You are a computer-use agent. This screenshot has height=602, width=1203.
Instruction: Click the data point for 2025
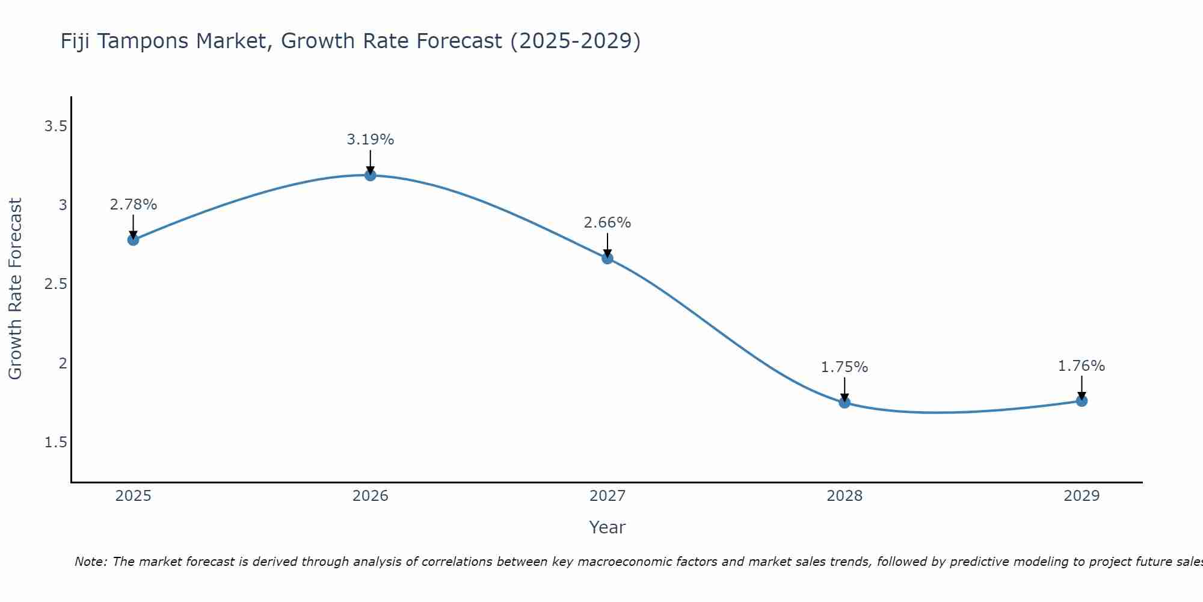click(133, 240)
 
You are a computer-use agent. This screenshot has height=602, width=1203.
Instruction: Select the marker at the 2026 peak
click(370, 175)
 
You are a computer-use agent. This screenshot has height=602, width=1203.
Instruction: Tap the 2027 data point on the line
click(608, 258)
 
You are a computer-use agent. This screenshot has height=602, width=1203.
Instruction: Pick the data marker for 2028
click(845, 402)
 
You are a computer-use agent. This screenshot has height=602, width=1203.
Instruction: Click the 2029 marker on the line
click(1081, 400)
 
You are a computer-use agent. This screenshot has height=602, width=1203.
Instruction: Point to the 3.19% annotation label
click(370, 140)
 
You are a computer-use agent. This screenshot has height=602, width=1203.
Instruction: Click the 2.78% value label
click(133, 205)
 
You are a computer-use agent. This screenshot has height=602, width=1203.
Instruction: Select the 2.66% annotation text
click(608, 223)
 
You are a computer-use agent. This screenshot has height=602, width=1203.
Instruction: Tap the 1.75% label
click(845, 367)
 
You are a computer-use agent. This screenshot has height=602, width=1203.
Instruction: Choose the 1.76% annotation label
click(1081, 366)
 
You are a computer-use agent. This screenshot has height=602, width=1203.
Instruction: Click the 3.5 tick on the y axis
click(55, 126)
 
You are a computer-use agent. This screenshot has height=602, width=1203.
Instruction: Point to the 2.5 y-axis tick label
click(55, 284)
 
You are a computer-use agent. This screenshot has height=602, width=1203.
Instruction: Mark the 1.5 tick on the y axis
click(55, 442)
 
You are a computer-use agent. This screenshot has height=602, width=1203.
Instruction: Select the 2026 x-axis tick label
click(370, 496)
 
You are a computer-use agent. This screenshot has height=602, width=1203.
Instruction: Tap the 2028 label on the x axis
click(845, 496)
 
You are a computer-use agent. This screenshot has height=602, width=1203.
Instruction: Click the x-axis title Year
click(608, 527)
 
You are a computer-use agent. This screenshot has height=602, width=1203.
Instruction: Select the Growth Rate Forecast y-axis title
click(15, 289)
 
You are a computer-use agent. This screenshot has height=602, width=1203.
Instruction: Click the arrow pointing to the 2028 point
click(845, 388)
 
